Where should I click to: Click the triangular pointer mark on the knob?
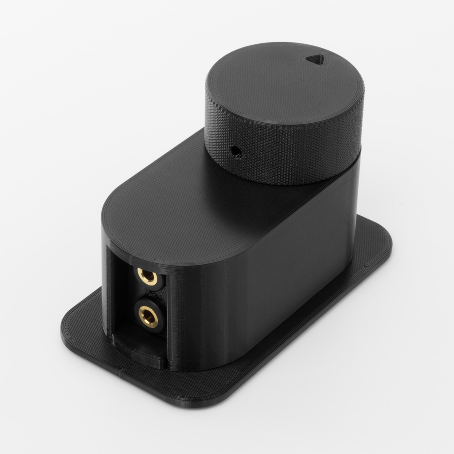(315, 59)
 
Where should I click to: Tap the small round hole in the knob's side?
(236, 152)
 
